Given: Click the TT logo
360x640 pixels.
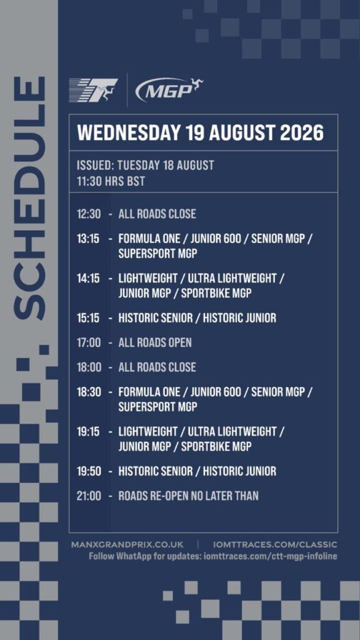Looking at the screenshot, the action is [x=94, y=90].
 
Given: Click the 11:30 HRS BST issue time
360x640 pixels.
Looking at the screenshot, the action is [x=111, y=181].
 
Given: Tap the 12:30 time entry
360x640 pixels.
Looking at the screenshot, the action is [x=89, y=214].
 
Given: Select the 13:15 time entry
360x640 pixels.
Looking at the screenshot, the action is [x=88, y=239].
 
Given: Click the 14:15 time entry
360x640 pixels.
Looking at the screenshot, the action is [x=88, y=278].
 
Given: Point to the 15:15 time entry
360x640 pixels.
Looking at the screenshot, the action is [x=88, y=317].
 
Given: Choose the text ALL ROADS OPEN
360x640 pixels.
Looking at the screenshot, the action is [x=155, y=342].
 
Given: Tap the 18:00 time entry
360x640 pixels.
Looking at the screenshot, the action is [x=89, y=367].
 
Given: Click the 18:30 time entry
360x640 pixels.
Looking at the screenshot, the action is [x=89, y=392].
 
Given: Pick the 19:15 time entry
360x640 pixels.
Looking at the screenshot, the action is [x=88, y=431].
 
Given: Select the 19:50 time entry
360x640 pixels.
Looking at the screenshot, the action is [x=89, y=471].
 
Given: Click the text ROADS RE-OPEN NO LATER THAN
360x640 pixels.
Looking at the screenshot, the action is [x=188, y=496].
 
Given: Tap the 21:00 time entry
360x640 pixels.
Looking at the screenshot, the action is [x=89, y=496].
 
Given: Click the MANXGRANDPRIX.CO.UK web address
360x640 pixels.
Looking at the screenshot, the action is [x=127, y=545].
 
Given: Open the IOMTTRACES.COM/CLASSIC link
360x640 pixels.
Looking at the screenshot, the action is [x=275, y=545].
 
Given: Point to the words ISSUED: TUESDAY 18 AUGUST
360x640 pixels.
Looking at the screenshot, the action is [x=145, y=165].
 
